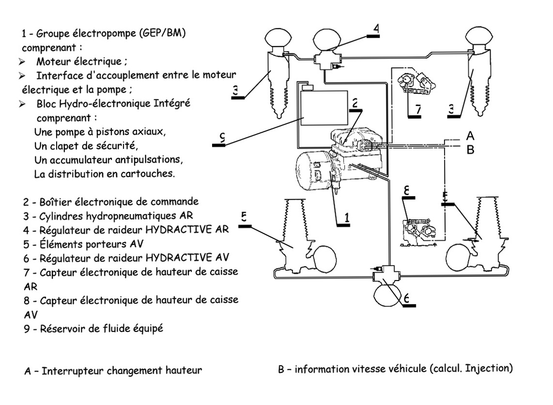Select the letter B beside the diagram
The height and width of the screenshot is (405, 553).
(470, 150)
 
